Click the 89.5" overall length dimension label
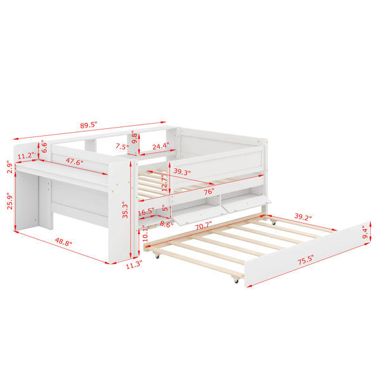[89, 125]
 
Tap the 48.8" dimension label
[63, 242]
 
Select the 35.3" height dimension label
[125, 210]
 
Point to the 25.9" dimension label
[10, 201]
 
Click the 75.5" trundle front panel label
[305, 260]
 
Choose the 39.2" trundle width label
[303, 217]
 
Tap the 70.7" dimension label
[204, 226]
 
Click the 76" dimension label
[209, 192]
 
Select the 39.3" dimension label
[182, 171]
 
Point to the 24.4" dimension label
[161, 146]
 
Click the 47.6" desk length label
[74, 161]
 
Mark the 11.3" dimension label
[133, 265]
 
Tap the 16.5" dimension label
[146, 212]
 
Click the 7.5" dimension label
[122, 147]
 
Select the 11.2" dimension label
[25, 156]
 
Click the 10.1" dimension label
[145, 234]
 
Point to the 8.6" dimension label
[166, 224]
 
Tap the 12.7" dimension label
[164, 183]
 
